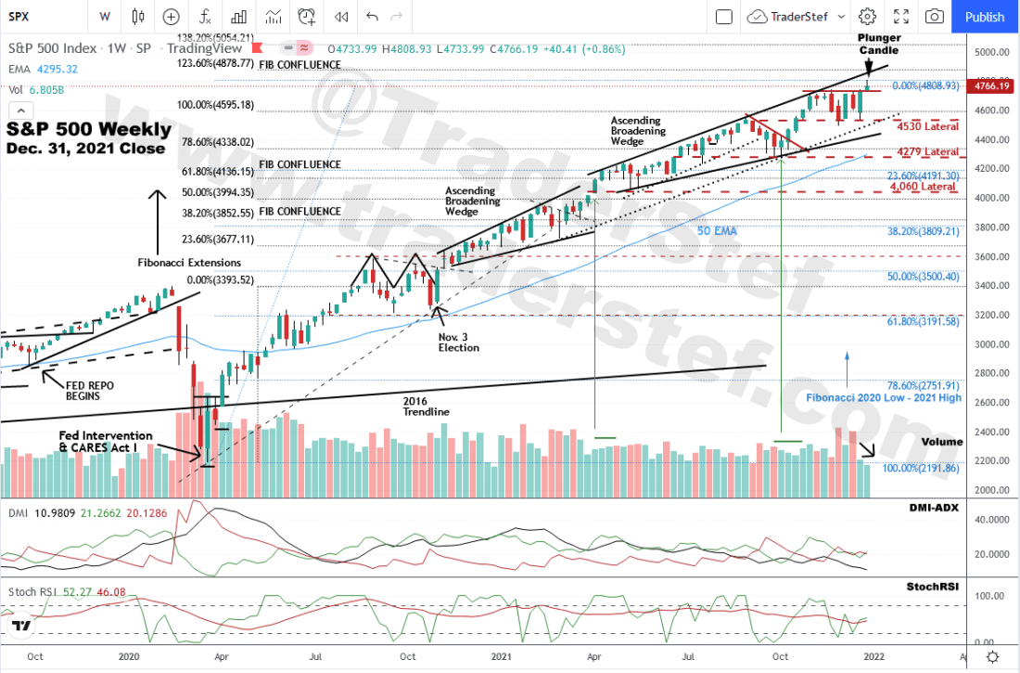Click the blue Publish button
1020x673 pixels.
pyautogui.click(x=984, y=17)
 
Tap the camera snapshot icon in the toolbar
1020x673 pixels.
pyautogui.click(x=935, y=17)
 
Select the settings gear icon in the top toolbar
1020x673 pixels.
pyautogui.click(x=867, y=17)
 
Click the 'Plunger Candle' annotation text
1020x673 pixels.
pyautogui.click(x=878, y=44)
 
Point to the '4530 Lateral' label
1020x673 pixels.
pyautogui.click(x=928, y=126)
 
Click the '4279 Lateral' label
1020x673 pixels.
pyautogui.click(x=928, y=151)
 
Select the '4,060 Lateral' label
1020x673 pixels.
pyautogui.click(x=923, y=187)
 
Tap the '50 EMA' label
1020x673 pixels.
pyautogui.click(x=717, y=230)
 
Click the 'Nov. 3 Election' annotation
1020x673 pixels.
pyautogui.click(x=459, y=342)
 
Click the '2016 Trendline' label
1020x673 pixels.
pyautogui.click(x=427, y=406)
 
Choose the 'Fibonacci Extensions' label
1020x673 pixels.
pyautogui.click(x=189, y=263)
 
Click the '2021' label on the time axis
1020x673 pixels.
pyautogui.click(x=502, y=656)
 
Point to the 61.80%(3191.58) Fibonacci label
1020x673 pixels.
pyautogui.click(x=921, y=320)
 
